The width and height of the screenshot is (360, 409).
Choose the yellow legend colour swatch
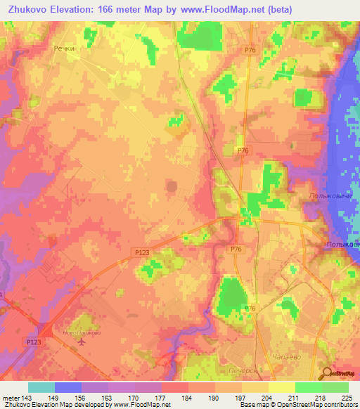coord(282,387)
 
